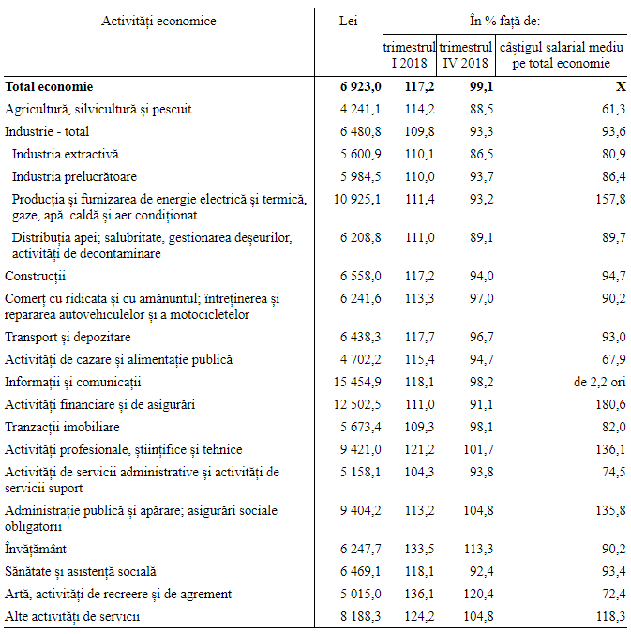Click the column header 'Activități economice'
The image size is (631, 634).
click(x=158, y=21)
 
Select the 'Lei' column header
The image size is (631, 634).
click(x=348, y=21)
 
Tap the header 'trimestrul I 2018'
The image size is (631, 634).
click(x=410, y=55)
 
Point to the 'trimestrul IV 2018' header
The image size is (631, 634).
click(x=466, y=55)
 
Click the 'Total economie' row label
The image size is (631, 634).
click(x=49, y=86)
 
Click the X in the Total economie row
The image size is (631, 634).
click(x=620, y=86)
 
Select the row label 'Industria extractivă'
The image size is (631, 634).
click(x=66, y=154)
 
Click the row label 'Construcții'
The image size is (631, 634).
click(x=36, y=276)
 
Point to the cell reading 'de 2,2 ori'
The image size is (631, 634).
click(x=599, y=382)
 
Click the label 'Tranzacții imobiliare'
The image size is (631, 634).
click(x=61, y=427)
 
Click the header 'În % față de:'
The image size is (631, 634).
click(x=504, y=21)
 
